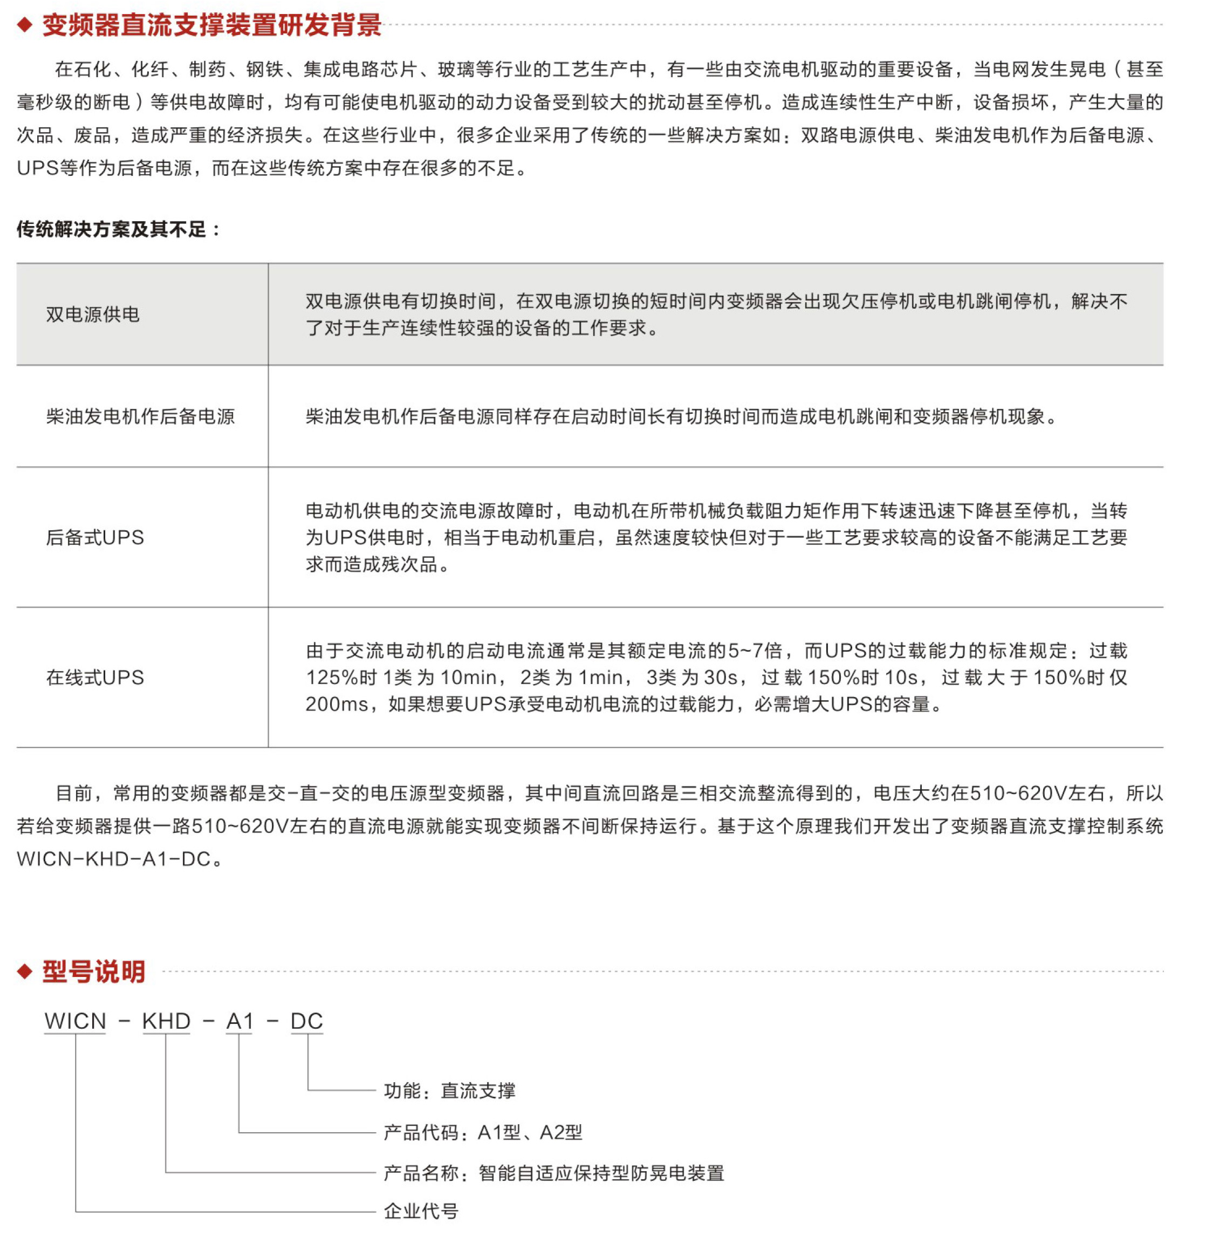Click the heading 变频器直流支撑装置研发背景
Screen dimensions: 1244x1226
[212, 26]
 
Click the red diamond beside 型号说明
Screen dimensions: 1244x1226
[24, 971]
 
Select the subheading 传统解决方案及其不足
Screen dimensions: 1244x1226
[119, 229]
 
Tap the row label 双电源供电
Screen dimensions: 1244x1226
[93, 314]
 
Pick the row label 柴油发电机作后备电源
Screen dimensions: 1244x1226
[140, 416]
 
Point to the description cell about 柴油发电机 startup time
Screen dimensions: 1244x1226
[681, 416]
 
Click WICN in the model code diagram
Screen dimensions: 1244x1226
[74, 1021]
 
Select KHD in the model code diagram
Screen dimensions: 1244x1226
[166, 1021]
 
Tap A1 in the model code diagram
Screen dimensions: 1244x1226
[239, 1021]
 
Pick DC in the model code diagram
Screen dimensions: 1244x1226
[306, 1021]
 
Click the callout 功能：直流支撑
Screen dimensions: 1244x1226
[449, 1091]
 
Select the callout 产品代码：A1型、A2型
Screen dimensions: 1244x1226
[483, 1132]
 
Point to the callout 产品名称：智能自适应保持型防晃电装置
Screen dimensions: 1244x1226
[554, 1173]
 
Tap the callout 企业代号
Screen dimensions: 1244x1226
[421, 1211]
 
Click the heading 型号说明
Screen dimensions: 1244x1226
[94, 971]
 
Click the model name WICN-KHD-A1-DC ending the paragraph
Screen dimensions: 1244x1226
[114, 859]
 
